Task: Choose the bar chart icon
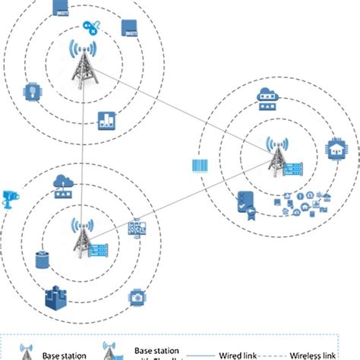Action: [106, 119]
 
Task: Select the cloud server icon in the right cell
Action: [267, 96]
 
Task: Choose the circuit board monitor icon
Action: [137, 227]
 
